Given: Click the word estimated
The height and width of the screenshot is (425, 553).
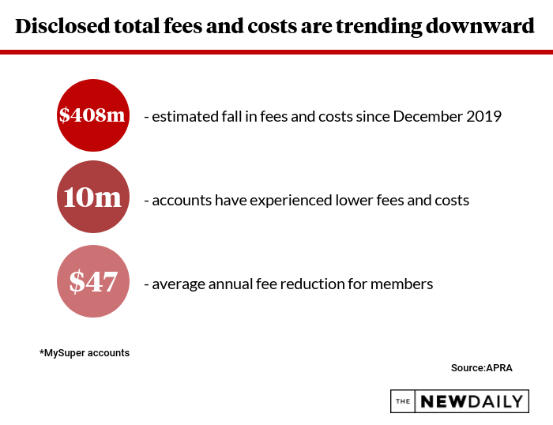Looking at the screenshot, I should [183, 116].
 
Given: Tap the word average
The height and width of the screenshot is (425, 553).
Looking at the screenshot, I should [180, 284].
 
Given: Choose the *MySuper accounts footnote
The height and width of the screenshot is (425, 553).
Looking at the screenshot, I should [85, 352].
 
